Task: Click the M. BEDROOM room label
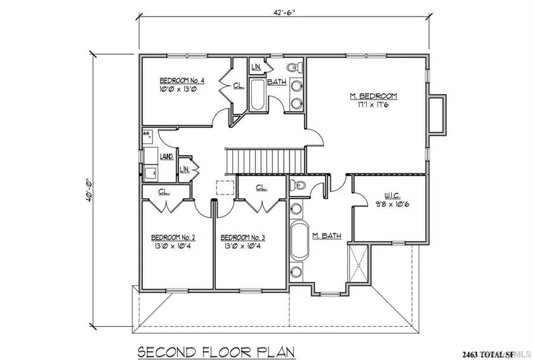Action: coord(373,96)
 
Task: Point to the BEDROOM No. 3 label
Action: coord(242,237)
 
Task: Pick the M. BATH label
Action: coord(326,236)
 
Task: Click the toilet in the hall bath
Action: coord(294,66)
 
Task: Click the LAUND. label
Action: coord(166,157)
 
